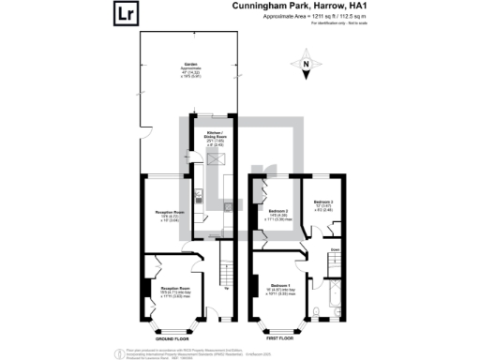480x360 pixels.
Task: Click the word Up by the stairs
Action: [x=229, y=287]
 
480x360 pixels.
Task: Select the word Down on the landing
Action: [x=335, y=248]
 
